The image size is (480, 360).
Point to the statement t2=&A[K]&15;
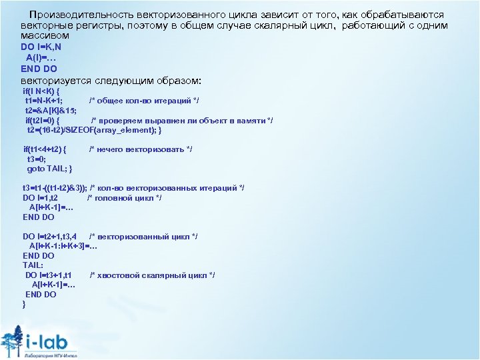pos(51,110)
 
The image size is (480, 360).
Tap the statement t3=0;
pos(36,159)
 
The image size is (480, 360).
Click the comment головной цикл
pos(125,198)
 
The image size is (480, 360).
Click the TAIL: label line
pos(33,265)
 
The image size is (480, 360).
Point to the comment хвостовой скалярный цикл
pos(152,275)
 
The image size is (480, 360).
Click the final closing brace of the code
pos(24,304)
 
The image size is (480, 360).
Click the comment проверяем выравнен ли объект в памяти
pos(182,120)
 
